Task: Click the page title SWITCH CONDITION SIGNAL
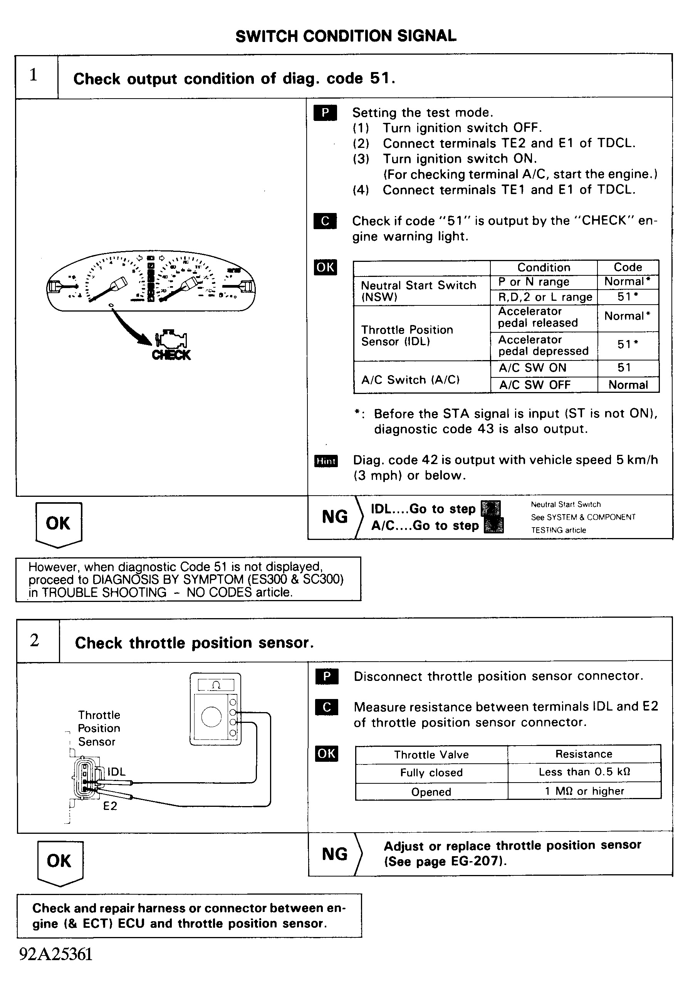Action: coord(346,36)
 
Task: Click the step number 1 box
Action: coord(34,75)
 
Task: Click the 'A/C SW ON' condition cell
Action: coord(532,368)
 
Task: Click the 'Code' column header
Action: coord(628,267)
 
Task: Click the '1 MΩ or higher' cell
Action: coord(584,791)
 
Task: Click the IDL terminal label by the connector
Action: coord(116,772)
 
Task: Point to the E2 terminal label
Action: coord(110,806)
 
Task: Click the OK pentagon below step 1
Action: coord(58,524)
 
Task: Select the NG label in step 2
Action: coord(335,854)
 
